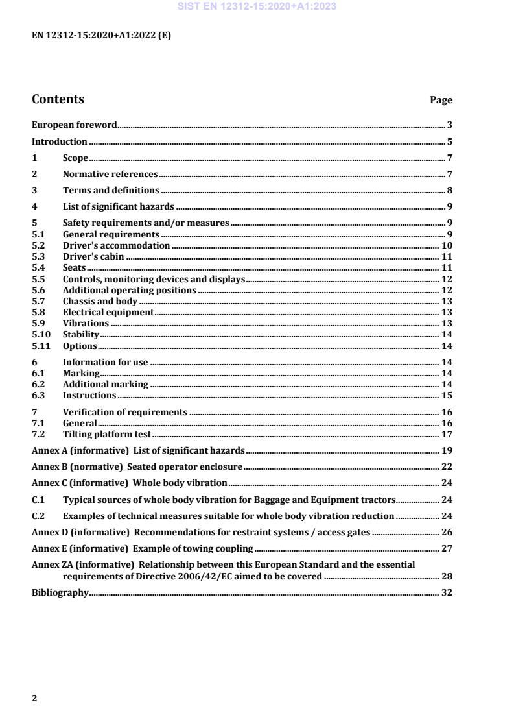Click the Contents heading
[x=58, y=99]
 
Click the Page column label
[x=441, y=101]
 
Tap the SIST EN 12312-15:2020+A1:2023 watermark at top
[x=256, y=7]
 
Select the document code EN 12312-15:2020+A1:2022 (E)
[x=101, y=36]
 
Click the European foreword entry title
[x=75, y=125]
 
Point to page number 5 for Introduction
[x=449, y=141]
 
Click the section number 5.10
[x=40, y=334]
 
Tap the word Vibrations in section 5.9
[x=86, y=323]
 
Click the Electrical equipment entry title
[x=108, y=312]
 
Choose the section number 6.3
[x=38, y=395]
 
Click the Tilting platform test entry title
[x=106, y=435]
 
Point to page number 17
[x=447, y=435]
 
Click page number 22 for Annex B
[x=447, y=467]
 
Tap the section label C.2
[x=38, y=516]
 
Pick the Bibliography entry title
[x=60, y=592]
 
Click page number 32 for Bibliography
[x=447, y=592]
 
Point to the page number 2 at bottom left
[x=34, y=698]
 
